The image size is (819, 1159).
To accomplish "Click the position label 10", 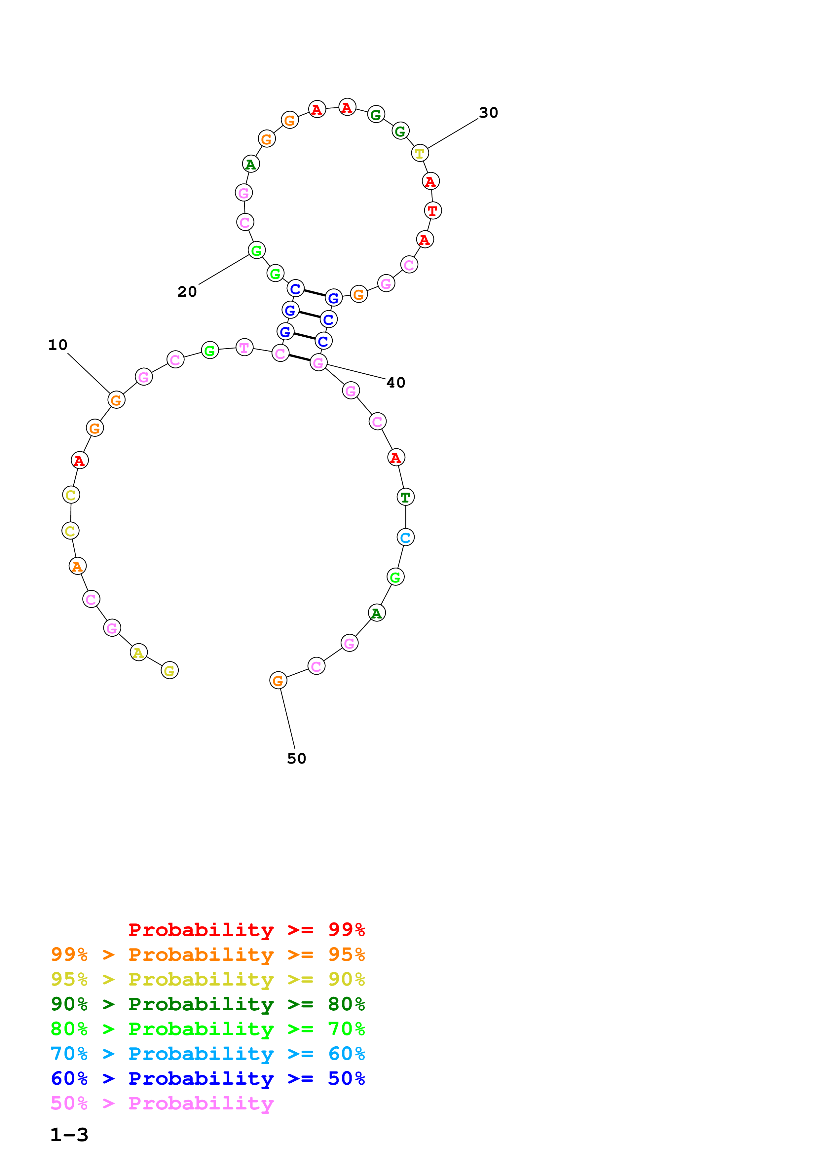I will (57, 345).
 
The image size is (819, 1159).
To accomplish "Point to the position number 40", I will (395, 383).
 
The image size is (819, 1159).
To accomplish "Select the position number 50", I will (296, 759).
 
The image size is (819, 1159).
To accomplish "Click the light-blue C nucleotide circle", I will (405, 538).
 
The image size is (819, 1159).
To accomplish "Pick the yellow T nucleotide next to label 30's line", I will (419, 153).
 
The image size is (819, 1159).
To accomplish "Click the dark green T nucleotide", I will (405, 497).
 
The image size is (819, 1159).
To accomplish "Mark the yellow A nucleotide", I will (138, 653).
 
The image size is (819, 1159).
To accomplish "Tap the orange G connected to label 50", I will (278, 681).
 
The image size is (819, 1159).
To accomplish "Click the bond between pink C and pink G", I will (299, 358).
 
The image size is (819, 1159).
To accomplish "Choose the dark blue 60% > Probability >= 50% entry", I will (207, 1079).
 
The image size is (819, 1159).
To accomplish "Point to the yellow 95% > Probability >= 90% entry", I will (207, 979).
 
